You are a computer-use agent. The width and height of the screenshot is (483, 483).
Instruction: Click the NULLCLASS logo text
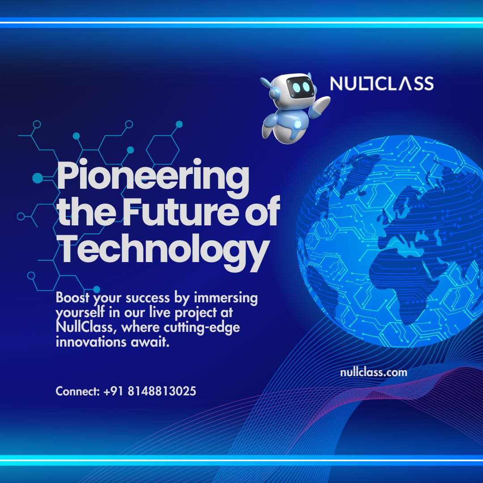[x=381, y=84]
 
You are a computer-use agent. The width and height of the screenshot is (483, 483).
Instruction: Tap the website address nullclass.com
[x=373, y=372]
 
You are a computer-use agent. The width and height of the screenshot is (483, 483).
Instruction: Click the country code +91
[x=113, y=392]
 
